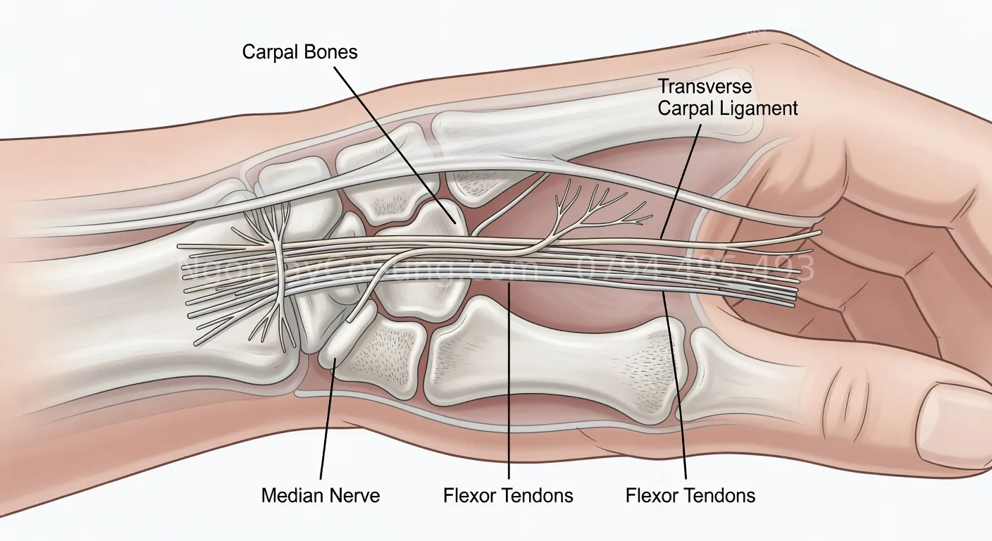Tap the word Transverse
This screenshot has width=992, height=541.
[705, 87]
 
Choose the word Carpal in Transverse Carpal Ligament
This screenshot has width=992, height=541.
[686, 108]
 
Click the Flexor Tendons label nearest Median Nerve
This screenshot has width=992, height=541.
[508, 495]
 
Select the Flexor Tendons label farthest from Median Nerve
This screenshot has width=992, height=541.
[690, 495]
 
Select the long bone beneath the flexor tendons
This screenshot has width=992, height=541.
[557, 359]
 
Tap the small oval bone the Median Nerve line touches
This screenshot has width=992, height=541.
[345, 338]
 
